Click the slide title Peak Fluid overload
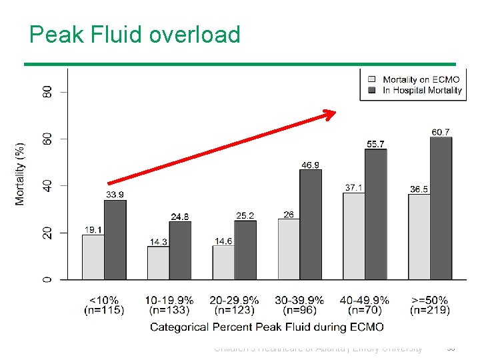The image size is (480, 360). coord(135,34)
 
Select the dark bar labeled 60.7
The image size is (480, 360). coord(441,208)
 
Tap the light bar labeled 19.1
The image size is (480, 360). coord(93,257)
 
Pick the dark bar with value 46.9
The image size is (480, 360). coord(310,224)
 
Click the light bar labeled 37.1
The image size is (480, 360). coord(354,235)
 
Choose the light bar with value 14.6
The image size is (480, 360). coord(223,262)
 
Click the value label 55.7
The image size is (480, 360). coord(375,144)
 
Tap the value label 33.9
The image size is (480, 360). coord(115,195)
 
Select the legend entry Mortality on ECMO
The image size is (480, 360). coord(421,80)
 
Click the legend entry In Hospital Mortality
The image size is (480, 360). coord(422,90)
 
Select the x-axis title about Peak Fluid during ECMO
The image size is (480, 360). coord(267,327)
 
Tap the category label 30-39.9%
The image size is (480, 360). coord(299,300)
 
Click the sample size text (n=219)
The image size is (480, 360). coord(430,310)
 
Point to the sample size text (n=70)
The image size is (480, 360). coord(365,310)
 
